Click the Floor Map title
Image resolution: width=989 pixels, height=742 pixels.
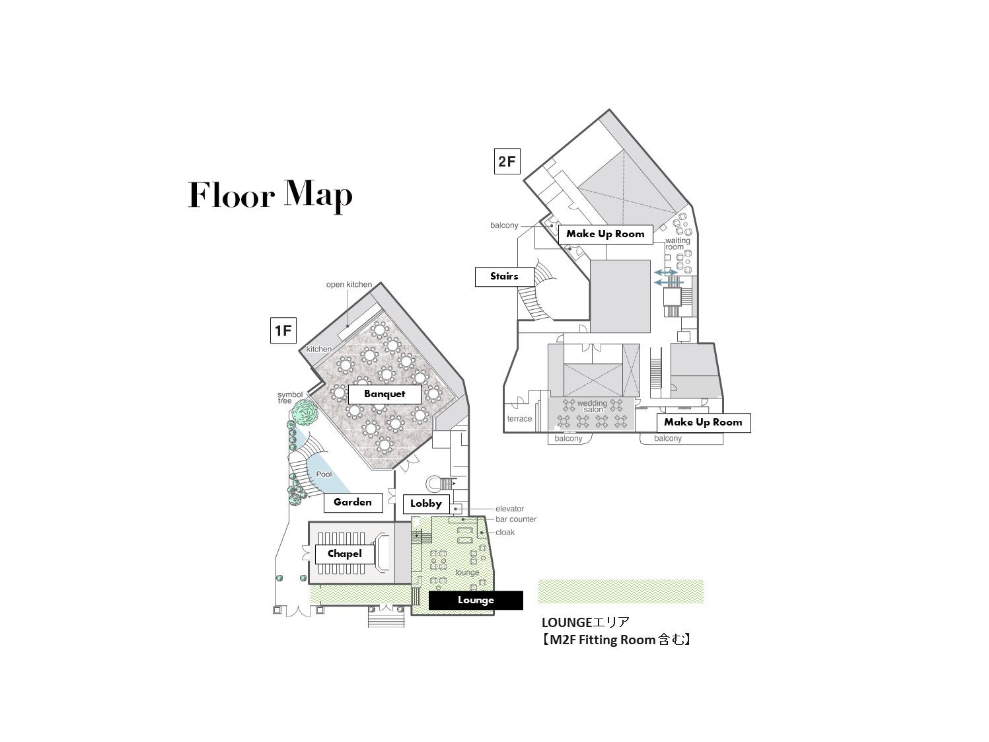click(x=270, y=195)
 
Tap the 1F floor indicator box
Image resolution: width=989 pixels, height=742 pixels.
click(x=283, y=330)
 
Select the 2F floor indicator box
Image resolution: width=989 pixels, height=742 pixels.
click(x=507, y=161)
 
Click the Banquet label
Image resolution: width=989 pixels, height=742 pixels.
click(x=385, y=394)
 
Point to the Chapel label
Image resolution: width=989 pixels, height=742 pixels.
click(x=344, y=554)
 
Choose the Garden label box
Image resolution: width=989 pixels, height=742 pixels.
click(x=353, y=502)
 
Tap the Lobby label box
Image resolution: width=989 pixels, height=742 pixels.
click(x=425, y=503)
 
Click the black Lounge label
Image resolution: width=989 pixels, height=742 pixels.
click(x=476, y=600)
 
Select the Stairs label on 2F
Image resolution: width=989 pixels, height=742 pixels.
click(x=504, y=276)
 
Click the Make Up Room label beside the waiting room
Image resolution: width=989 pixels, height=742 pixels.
click(x=605, y=235)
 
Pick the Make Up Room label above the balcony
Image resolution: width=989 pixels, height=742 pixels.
click(x=703, y=423)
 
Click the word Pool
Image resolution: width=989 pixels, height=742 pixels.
click(x=324, y=474)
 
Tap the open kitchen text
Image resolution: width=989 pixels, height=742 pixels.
click(x=349, y=284)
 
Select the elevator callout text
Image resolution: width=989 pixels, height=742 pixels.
click(x=509, y=509)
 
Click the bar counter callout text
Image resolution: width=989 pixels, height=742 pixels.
click(x=516, y=519)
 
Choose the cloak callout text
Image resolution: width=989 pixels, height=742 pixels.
click(x=505, y=532)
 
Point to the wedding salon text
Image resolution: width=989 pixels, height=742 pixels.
click(x=593, y=406)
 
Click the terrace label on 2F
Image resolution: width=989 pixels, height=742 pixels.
click(x=519, y=418)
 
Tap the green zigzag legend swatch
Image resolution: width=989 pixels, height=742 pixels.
click(x=621, y=591)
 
